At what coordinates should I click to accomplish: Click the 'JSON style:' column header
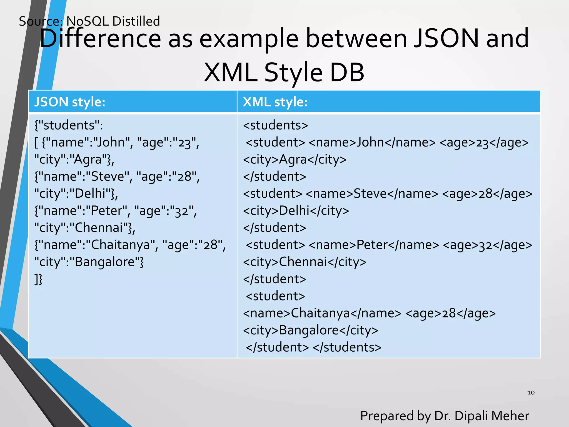point(70,102)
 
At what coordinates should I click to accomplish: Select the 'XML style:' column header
point(275,102)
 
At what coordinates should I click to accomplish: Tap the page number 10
point(531,393)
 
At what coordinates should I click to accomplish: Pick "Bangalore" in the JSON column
point(105,262)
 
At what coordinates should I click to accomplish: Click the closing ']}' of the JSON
point(38,279)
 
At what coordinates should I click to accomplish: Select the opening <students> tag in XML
point(275,125)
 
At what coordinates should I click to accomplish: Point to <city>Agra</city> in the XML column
point(295,160)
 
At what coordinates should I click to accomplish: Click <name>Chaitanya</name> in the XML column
point(322,313)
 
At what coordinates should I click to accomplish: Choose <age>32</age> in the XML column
point(487,245)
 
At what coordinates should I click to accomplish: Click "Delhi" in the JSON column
point(91,193)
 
